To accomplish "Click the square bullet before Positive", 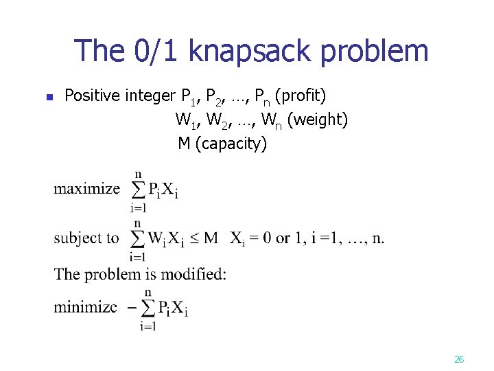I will click(x=49, y=97).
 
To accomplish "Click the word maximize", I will click(x=86, y=188).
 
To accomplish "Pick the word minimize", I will click(x=85, y=306).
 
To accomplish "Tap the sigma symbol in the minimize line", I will click(x=148, y=308).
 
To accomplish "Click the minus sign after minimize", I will click(x=130, y=307).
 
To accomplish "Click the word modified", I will click(x=195, y=273).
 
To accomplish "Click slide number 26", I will click(x=459, y=359).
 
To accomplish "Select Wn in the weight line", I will click(x=270, y=120).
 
